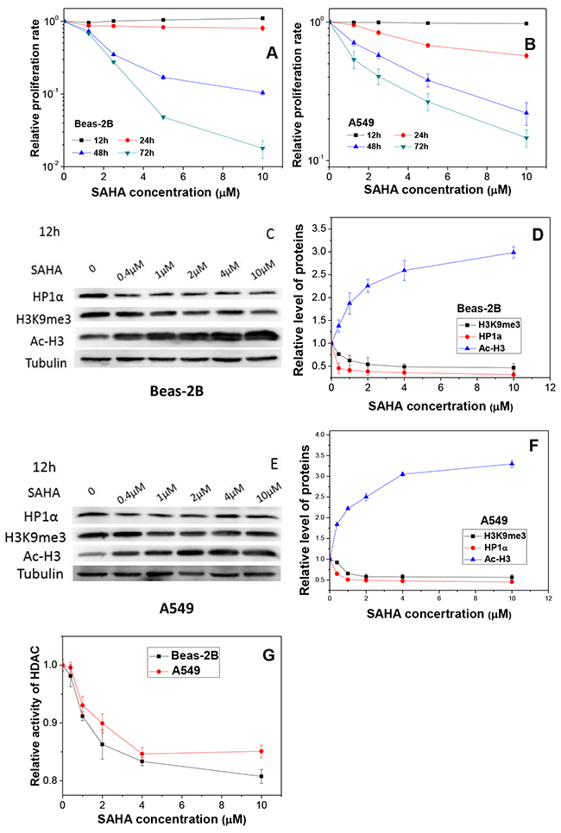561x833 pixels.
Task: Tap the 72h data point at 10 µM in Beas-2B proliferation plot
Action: [x=262, y=148]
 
